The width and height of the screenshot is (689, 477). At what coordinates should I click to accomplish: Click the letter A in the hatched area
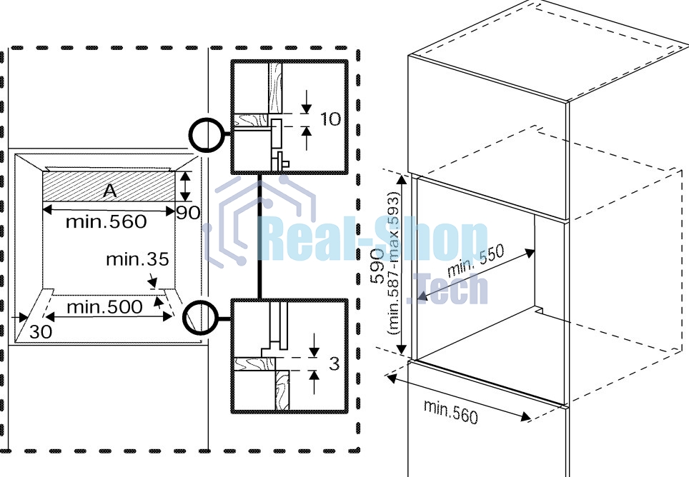click(110, 191)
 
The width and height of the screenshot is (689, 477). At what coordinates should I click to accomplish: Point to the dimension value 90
click(189, 213)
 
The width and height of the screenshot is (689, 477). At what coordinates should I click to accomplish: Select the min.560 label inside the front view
click(106, 221)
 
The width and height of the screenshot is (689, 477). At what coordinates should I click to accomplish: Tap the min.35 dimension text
click(137, 259)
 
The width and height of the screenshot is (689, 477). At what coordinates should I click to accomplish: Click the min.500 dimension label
click(104, 307)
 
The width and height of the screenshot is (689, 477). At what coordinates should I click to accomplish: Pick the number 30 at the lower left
click(41, 332)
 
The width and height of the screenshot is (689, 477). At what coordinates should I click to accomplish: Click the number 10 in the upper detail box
click(330, 119)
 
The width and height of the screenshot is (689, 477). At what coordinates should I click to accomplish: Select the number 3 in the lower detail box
click(334, 363)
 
